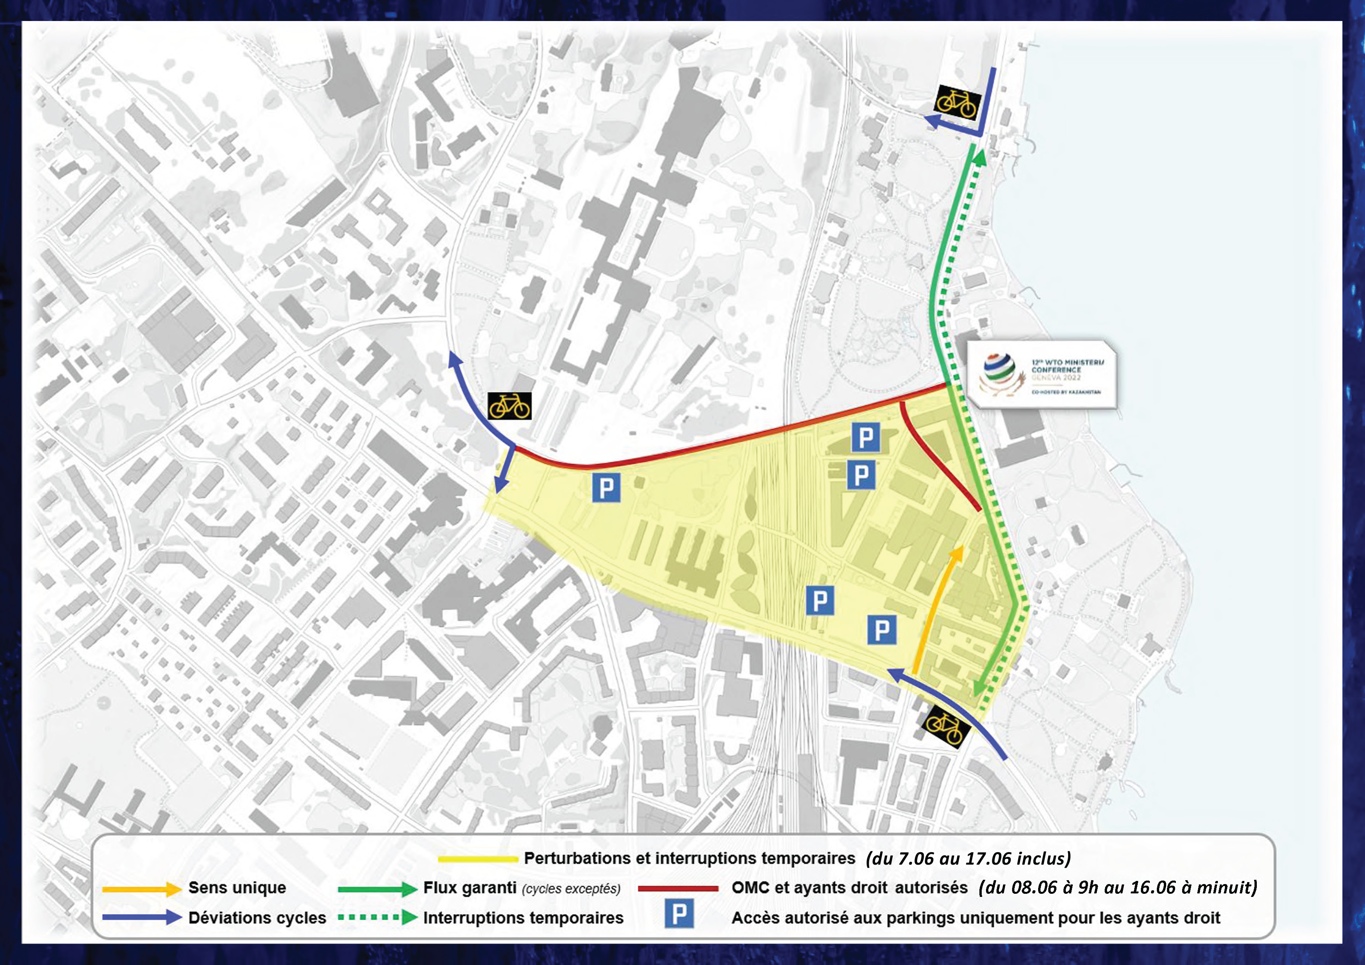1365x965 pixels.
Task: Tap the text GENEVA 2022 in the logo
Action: click(x=1056, y=377)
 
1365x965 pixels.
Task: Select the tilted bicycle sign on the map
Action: click(x=946, y=726)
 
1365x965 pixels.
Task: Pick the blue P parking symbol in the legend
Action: click(x=679, y=914)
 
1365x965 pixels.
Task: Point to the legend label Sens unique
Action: click(x=237, y=888)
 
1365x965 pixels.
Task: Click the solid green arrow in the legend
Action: click(x=377, y=889)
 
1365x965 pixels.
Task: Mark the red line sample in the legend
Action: click(x=678, y=889)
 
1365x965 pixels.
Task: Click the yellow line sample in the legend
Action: click(x=477, y=858)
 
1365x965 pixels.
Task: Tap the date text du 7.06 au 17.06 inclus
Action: click(x=968, y=858)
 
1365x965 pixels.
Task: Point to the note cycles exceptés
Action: click(x=571, y=889)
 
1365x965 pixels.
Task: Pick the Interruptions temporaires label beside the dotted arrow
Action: click(x=523, y=918)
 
